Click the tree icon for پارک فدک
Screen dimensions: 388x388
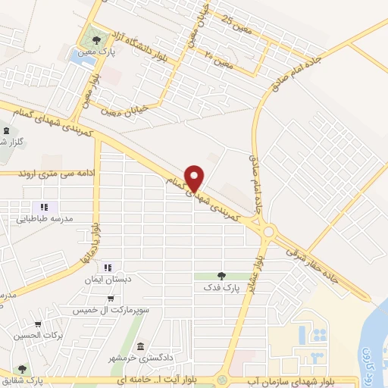tap(221, 276)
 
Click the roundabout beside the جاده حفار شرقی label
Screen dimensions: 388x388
tap(268, 231)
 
